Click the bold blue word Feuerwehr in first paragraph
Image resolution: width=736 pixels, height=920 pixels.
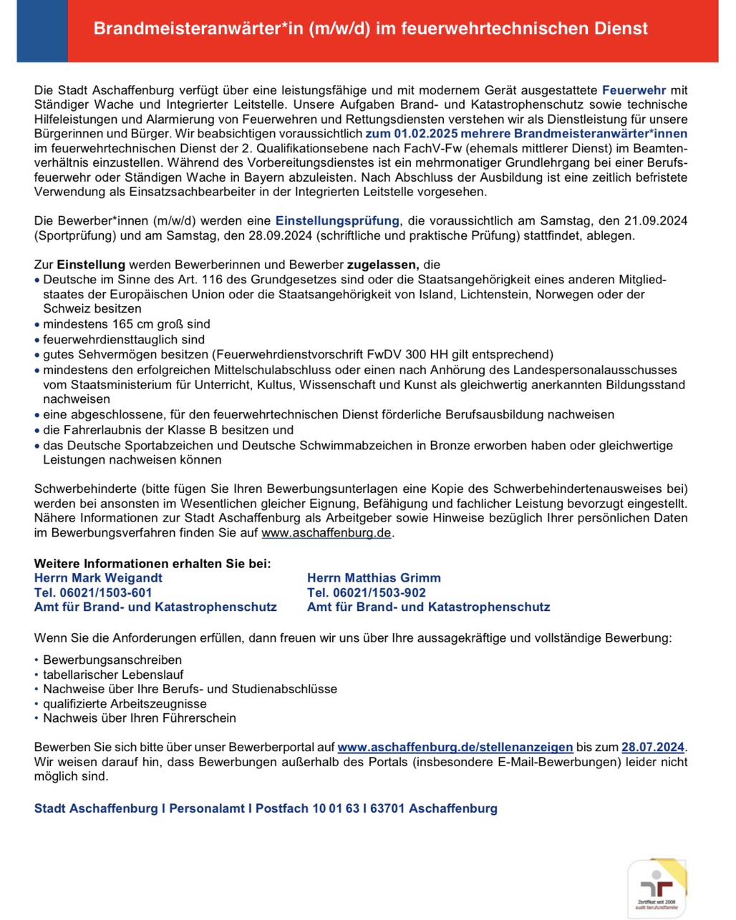[634, 90]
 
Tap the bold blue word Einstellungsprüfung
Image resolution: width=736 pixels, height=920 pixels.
[337, 221]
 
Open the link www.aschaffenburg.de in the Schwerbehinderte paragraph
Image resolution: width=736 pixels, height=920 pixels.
[326, 533]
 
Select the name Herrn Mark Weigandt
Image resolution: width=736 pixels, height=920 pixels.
[98, 578]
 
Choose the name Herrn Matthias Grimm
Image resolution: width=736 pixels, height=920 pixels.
[374, 578]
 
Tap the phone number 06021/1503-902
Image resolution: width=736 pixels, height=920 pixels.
[379, 592]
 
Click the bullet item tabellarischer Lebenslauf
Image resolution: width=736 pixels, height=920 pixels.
[113, 675]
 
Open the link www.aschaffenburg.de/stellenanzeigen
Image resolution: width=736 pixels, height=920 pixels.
[455, 748]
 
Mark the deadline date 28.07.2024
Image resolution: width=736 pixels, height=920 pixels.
[653, 748]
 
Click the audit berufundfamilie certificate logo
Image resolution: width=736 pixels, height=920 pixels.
[657, 889]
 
